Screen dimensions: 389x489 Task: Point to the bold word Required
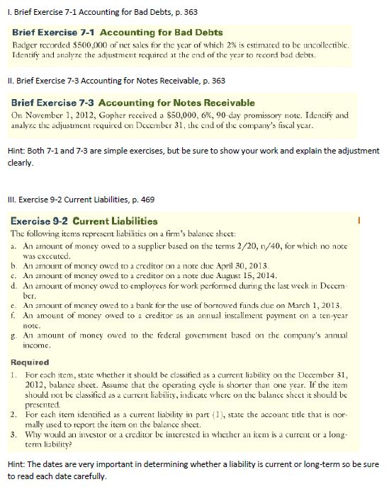click(33, 340)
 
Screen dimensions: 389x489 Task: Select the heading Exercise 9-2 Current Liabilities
click(75, 222)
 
